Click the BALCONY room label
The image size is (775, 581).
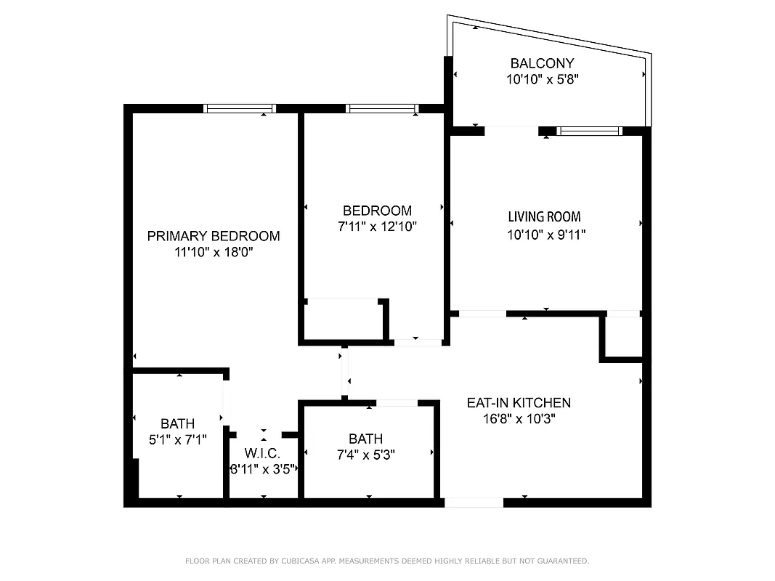click(x=542, y=63)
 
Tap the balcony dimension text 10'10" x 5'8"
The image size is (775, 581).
click(x=542, y=79)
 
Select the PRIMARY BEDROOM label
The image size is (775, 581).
click(x=214, y=236)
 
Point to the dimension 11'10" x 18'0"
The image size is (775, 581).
click(x=214, y=252)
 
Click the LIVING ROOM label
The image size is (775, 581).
click(x=544, y=216)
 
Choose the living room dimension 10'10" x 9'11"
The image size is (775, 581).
click(x=546, y=235)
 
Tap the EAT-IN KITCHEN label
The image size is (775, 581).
click(x=518, y=402)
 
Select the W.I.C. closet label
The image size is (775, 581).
click(x=263, y=453)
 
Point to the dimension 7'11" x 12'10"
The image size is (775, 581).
click(x=377, y=227)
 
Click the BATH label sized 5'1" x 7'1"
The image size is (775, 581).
click(x=177, y=423)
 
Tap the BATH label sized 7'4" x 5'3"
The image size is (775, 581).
click(x=365, y=439)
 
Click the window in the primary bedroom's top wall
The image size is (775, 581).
click(x=240, y=108)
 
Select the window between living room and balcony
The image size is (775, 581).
click(x=589, y=131)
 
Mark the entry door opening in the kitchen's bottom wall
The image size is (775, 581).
click(x=473, y=502)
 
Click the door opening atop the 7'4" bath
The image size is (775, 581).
click(x=397, y=403)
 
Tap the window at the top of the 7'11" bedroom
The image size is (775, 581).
click(x=382, y=108)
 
